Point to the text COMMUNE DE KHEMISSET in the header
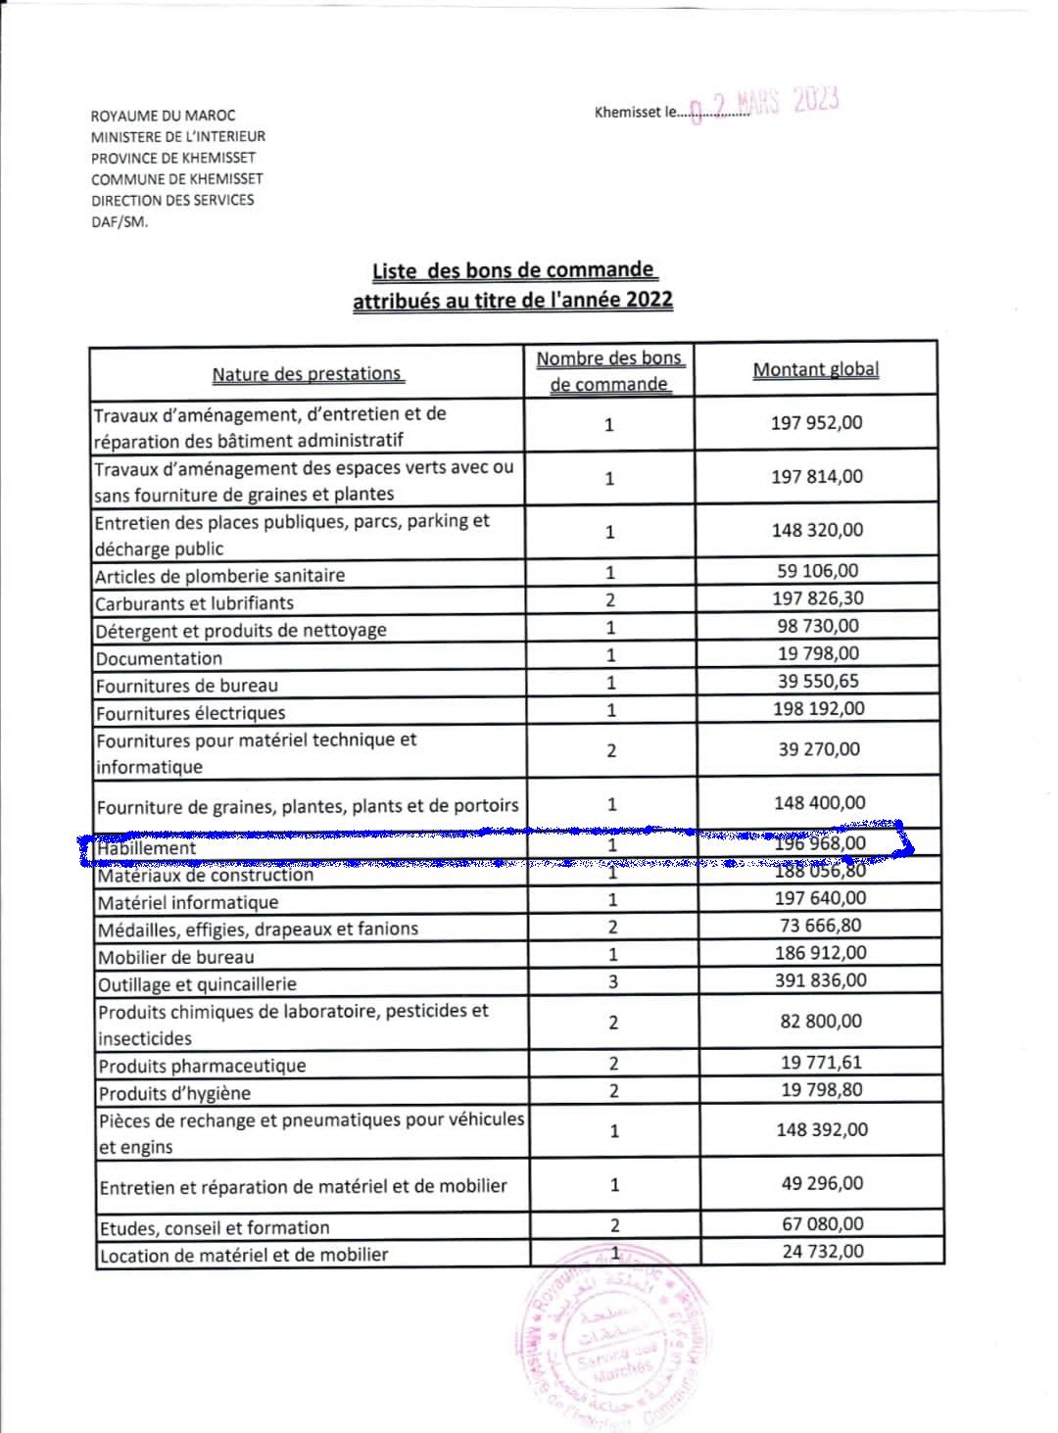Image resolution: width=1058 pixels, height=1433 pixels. pyautogui.click(x=176, y=179)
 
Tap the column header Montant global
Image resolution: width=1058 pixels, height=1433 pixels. pyautogui.click(x=815, y=370)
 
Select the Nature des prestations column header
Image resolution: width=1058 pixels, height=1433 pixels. pyautogui.click(x=307, y=374)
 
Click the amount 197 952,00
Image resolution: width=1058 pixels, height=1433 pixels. pyautogui.click(x=816, y=423)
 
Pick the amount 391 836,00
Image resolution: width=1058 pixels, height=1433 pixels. pyautogui.click(x=821, y=980)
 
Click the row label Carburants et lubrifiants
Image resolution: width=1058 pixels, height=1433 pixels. pyautogui.click(x=194, y=603)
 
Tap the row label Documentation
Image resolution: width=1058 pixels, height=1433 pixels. pyautogui.click(x=159, y=658)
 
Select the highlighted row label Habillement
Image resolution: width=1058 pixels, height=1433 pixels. pyautogui.click(x=147, y=848)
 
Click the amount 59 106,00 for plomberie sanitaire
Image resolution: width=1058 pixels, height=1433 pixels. pyautogui.click(x=817, y=571)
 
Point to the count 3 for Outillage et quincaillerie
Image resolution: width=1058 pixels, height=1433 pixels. pyautogui.click(x=612, y=981)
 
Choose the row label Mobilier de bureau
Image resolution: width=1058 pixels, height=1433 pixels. pyautogui.click(x=175, y=957)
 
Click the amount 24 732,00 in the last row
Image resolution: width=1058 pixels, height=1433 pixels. pyautogui.click(x=823, y=1251)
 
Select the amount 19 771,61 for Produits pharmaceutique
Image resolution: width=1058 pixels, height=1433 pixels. pyautogui.click(x=821, y=1063)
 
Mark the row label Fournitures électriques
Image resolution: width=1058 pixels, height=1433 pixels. pyautogui.click(x=190, y=713)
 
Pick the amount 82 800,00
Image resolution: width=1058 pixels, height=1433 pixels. pyautogui.click(x=821, y=1022)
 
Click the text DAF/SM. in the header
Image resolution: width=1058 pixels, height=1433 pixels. pyautogui.click(x=120, y=221)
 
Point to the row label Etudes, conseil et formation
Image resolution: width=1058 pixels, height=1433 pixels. pyautogui.click(x=214, y=1228)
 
